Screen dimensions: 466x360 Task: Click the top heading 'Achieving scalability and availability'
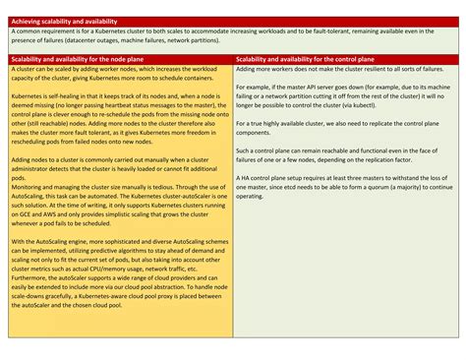pyautogui.click(x=63, y=21)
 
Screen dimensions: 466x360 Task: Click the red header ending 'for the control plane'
pyautogui.click(x=303, y=59)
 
